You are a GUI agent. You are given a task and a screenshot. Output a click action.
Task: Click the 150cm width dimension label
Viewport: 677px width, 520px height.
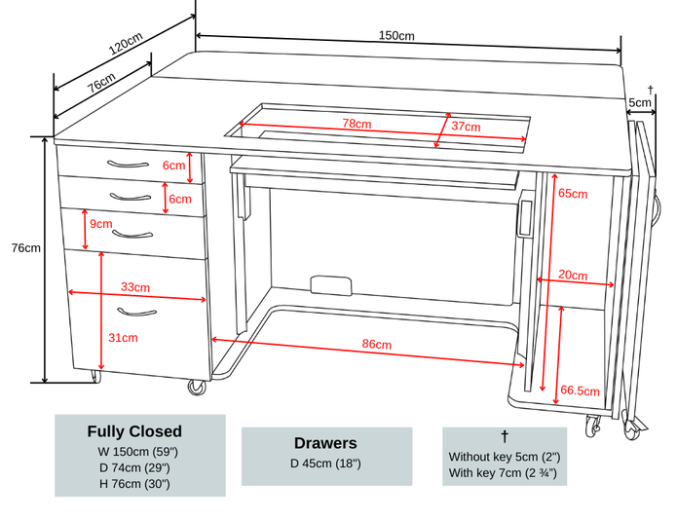pyautogui.click(x=396, y=36)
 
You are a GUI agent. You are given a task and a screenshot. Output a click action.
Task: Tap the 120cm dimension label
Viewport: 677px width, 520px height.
pyautogui.click(x=126, y=46)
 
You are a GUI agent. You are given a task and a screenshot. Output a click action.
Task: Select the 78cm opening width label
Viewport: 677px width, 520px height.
pyautogui.click(x=357, y=124)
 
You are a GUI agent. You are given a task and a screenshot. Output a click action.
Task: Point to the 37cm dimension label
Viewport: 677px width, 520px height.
pyautogui.click(x=466, y=127)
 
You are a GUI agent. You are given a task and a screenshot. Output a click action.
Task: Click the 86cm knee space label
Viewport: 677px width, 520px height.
pyautogui.click(x=376, y=345)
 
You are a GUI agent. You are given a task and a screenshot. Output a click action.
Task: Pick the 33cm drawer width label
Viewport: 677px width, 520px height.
pyautogui.click(x=135, y=287)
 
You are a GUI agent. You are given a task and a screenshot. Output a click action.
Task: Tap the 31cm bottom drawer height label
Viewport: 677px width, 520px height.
pyautogui.click(x=123, y=338)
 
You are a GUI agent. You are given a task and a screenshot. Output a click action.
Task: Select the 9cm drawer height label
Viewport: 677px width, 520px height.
pyautogui.click(x=100, y=224)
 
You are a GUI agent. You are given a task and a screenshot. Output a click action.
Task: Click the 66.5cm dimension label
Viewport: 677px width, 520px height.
pyautogui.click(x=579, y=390)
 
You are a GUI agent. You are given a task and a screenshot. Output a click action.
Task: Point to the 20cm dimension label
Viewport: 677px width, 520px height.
pyautogui.click(x=573, y=276)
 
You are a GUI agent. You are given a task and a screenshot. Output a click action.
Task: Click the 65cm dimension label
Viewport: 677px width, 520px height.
pyautogui.click(x=573, y=193)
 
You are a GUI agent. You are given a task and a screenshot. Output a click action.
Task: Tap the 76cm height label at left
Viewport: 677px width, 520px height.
pyautogui.click(x=25, y=248)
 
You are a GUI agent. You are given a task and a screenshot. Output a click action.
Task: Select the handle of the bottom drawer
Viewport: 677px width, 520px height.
pyautogui.click(x=136, y=312)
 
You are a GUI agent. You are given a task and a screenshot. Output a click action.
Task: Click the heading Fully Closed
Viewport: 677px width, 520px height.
pyautogui.click(x=134, y=431)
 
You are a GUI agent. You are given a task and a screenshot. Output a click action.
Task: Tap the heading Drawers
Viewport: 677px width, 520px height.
pyautogui.click(x=325, y=443)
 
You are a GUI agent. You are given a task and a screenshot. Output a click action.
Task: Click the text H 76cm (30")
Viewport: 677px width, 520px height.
pyautogui.click(x=134, y=483)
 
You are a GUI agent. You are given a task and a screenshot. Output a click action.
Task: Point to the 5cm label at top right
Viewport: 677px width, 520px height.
pyautogui.click(x=640, y=102)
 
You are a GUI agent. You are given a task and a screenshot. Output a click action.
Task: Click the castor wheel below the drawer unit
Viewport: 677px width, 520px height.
pyautogui.click(x=198, y=387)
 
